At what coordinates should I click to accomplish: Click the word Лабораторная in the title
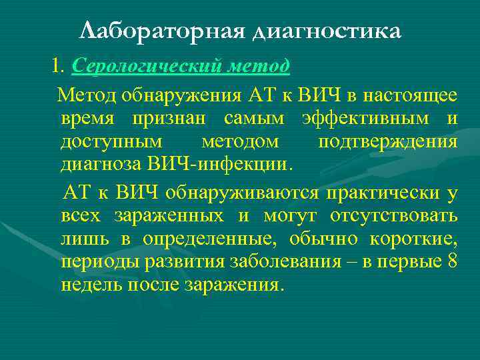point(161,31)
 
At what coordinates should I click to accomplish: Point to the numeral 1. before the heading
point(57,67)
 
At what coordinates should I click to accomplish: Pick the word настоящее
point(415,95)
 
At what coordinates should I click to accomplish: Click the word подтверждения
point(387,143)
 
